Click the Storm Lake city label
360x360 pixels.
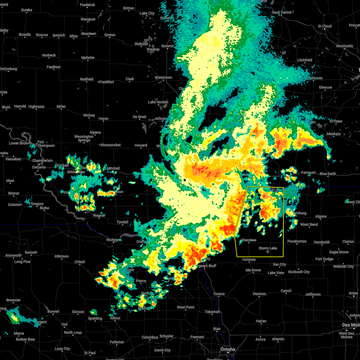tap(268, 248)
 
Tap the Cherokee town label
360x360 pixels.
tap(249, 240)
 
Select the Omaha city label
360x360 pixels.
tap(228, 349)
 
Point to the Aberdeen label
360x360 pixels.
tap(88, 34)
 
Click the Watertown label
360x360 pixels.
tap(163, 77)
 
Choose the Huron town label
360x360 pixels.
tap(103, 118)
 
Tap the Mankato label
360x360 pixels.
tap(334, 134)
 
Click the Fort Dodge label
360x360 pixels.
tap(324, 259)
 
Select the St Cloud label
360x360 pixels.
tap(325, 26)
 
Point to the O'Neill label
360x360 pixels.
tap(79, 262)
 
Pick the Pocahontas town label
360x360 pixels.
tap(297, 241)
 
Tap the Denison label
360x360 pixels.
tap(259, 294)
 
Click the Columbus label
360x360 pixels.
tap(150, 337)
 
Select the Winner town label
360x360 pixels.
tap(13, 193)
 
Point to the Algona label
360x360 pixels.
tap(321, 216)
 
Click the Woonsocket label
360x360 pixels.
tap(110, 145)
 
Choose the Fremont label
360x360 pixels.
tap(197, 337)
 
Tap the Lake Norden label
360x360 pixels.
tap(158, 102)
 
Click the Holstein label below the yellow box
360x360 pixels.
tap(249, 259)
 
